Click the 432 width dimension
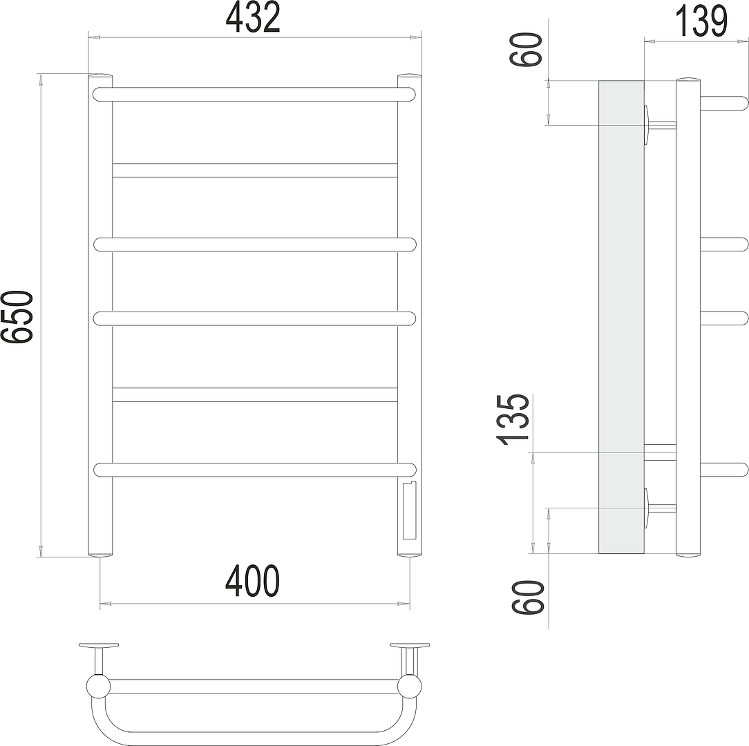click(253, 18)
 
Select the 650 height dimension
click(17, 316)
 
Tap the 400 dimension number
click(252, 581)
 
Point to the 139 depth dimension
click(701, 21)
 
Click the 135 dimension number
click(513, 420)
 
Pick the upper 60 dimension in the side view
click(527, 50)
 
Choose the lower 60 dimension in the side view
click(527, 597)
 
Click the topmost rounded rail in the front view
click(254, 94)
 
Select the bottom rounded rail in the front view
click(255, 470)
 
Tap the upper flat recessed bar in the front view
click(255, 170)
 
